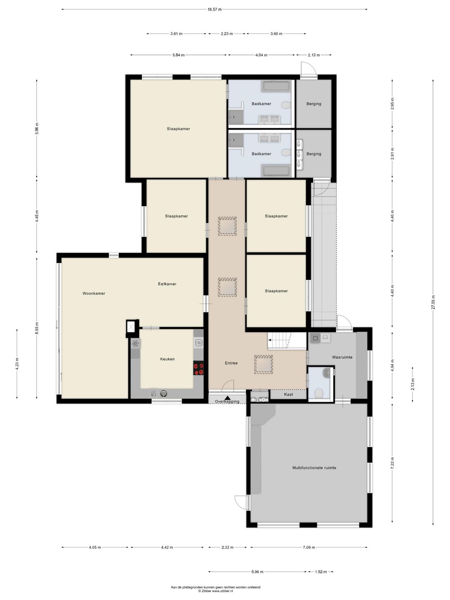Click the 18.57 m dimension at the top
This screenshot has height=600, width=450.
tap(215, 9)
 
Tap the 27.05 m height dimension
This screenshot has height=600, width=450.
tap(433, 302)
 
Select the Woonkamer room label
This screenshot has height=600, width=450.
tap(94, 293)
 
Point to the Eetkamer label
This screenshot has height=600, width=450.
tap(167, 284)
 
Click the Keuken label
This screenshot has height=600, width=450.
tap(167, 359)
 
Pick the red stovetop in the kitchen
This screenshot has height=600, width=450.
tap(198, 368)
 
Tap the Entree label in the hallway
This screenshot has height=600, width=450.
tap(231, 363)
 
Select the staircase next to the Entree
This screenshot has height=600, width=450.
tap(287, 341)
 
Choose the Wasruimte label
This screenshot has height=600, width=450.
tap(342, 357)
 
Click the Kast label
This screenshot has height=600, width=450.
tap(288, 394)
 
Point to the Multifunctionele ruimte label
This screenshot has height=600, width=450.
tap(314, 467)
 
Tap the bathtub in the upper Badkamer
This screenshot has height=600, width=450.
tap(276, 86)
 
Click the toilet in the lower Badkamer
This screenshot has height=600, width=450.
tap(286, 152)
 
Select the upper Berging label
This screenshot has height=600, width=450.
tap(314, 104)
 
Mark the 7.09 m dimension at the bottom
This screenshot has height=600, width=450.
tap(309, 547)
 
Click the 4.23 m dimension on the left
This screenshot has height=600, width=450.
tap(17, 364)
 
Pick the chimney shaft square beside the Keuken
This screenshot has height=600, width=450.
tap(132, 326)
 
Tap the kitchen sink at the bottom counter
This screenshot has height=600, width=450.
tap(164, 393)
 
